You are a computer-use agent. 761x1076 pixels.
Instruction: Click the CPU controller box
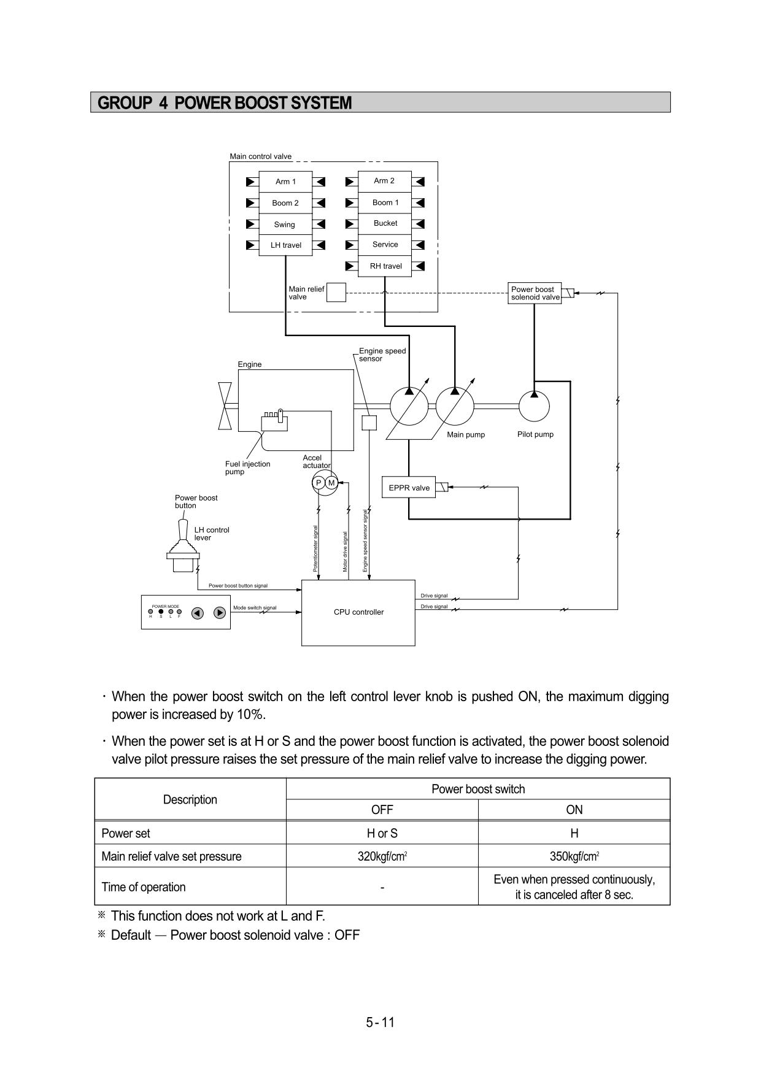click(x=358, y=612)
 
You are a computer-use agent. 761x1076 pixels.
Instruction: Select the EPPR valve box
click(x=409, y=488)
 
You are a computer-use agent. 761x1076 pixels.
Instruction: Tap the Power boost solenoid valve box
click(x=535, y=293)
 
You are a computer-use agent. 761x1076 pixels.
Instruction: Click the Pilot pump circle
click(x=534, y=406)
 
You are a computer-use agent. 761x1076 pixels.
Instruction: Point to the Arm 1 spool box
click(x=285, y=182)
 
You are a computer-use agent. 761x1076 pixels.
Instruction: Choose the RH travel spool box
click(x=385, y=266)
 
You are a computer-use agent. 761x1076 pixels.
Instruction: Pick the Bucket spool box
click(x=385, y=223)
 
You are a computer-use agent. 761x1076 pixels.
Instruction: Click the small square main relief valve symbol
click(x=336, y=293)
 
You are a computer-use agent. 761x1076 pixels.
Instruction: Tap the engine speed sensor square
click(x=369, y=423)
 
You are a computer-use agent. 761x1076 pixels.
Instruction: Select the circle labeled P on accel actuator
click(x=319, y=483)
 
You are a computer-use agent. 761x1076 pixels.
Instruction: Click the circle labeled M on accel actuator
click(x=332, y=483)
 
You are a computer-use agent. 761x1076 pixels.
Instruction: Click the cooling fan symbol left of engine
click(x=225, y=406)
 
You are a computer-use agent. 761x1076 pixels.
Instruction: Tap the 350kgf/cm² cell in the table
click(x=574, y=856)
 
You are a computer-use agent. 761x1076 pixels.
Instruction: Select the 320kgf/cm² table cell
click(x=382, y=856)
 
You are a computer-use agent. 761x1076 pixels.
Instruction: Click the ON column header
click(x=574, y=810)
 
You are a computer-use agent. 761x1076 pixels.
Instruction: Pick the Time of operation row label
click(x=144, y=887)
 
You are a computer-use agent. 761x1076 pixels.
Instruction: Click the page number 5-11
click(x=381, y=1022)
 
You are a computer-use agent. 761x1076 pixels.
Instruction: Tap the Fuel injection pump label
click(x=247, y=467)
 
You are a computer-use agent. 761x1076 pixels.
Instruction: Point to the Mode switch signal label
click(x=255, y=608)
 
